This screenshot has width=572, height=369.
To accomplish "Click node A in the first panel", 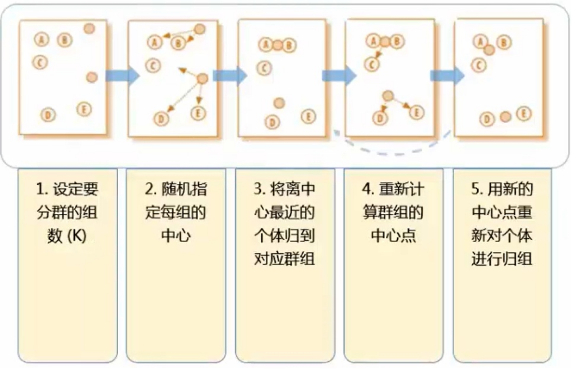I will (42, 40).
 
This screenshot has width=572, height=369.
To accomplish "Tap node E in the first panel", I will (84, 109).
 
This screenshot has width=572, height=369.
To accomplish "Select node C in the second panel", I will (153, 65).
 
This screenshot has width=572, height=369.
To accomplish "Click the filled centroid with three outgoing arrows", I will (202, 79).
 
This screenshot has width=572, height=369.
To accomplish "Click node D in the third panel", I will (271, 122).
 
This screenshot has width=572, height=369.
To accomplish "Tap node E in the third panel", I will (307, 116).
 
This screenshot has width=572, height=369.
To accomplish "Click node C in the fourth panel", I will (372, 64).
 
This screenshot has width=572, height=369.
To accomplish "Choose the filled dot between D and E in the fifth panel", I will (505, 117).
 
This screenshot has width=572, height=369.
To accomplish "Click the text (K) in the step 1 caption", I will (77, 236).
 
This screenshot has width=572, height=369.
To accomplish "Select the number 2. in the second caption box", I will (150, 190).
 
